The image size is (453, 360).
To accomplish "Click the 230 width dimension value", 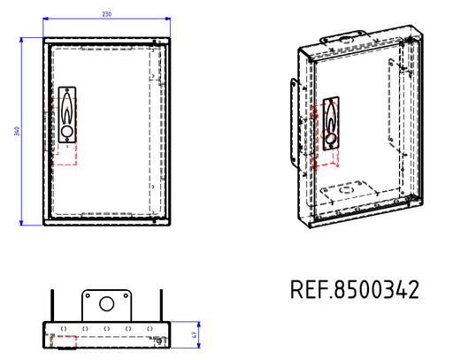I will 106,15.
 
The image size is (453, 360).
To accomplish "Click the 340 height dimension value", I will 16,131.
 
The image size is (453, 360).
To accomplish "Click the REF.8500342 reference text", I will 354,290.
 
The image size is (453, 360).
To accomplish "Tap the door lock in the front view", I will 67,115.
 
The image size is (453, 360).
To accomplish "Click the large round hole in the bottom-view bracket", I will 107,303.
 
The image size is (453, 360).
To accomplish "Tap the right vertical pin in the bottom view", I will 160,305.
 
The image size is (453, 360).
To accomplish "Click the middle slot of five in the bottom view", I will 106,328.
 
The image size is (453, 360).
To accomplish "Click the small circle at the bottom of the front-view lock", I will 67,132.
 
